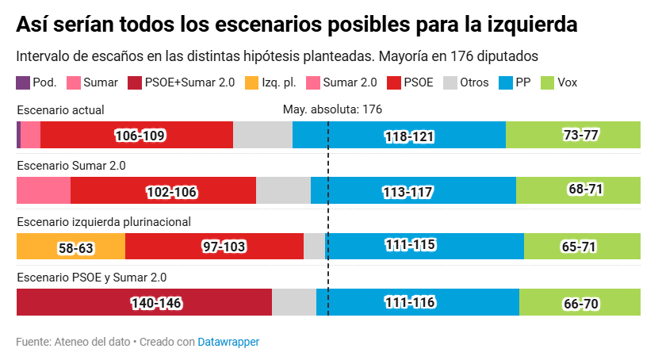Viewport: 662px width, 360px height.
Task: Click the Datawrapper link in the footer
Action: (228, 342)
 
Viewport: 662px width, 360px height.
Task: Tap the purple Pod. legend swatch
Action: (23, 82)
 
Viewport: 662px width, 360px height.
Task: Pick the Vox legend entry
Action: (557, 82)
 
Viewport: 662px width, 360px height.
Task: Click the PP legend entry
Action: (515, 82)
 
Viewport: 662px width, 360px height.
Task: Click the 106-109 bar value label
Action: (140, 136)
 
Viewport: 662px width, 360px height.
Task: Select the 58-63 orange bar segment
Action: (71, 247)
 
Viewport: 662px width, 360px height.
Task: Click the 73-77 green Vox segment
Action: (580, 136)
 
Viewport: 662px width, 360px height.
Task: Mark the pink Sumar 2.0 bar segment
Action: (44, 191)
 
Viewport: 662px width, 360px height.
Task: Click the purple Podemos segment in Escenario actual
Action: (18, 136)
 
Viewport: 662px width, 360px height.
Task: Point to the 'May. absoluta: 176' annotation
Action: (332, 109)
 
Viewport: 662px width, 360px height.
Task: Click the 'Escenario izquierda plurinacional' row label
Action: (104, 222)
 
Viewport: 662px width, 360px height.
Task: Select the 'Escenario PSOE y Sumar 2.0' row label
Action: (91, 278)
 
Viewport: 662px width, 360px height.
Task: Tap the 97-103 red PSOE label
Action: (224, 247)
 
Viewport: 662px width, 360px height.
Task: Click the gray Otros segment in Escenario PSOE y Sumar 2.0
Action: (293, 303)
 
